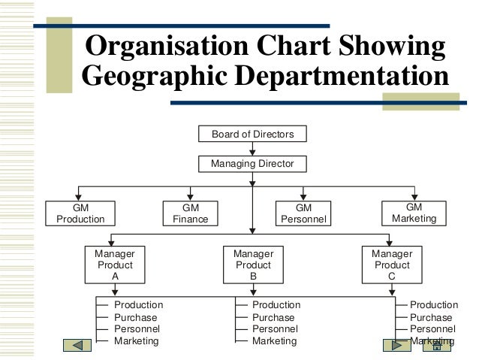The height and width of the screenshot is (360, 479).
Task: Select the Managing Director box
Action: [252, 163]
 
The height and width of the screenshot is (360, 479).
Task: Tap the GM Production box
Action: [80, 213]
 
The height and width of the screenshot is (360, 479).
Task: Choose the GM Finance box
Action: [191, 213]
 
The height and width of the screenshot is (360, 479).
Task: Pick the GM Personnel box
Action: [303, 213]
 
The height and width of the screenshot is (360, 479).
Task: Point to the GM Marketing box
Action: [414, 213]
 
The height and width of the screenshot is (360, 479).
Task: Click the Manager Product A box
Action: [114, 265]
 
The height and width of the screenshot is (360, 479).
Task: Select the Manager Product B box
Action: [253, 265]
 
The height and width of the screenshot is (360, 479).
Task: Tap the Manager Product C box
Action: [391, 265]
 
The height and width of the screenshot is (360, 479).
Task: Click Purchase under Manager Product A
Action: [136, 317]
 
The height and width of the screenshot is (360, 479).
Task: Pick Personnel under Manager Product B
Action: [274, 328]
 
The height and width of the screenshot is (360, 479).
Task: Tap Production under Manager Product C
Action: [433, 305]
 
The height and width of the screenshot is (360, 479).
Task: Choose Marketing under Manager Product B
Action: [274, 340]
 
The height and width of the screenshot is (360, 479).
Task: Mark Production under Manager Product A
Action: [138, 305]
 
